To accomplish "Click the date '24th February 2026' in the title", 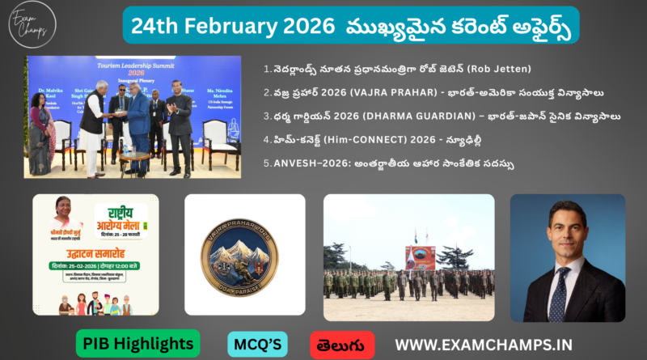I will coord(230,25).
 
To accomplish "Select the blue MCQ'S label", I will coord(258,343).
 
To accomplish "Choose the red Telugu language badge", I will coord(342,343).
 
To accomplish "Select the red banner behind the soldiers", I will coord(420,257).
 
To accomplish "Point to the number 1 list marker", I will coord(268,68).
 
